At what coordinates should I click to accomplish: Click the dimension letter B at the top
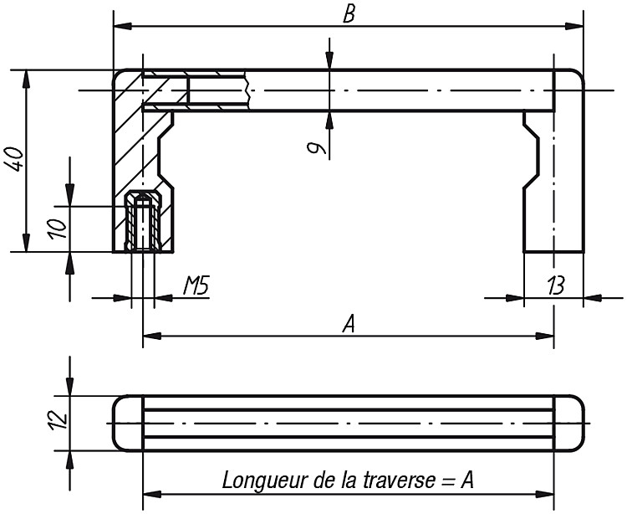tap(349, 14)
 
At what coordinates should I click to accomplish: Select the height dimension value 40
tap(13, 159)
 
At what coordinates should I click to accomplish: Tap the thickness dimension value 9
tap(317, 149)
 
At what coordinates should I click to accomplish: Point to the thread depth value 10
tap(59, 229)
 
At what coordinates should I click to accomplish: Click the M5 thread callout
tap(196, 285)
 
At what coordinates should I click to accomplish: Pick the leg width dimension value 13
tap(556, 285)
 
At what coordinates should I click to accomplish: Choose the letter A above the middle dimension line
tap(349, 324)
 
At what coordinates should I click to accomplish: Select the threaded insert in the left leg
tap(143, 221)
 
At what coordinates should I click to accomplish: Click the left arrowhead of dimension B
tap(123, 27)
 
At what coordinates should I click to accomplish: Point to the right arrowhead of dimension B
tap(573, 27)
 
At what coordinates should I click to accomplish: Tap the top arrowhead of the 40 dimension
tap(27, 79)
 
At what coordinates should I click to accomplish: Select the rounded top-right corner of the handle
tap(579, 75)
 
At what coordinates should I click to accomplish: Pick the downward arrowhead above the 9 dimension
tap(329, 60)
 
